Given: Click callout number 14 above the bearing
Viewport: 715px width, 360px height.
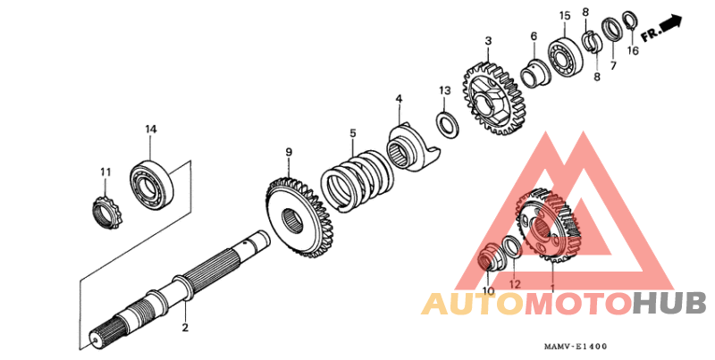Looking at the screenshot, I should [x=151, y=130].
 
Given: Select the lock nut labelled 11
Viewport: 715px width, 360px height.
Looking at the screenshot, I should [x=106, y=211].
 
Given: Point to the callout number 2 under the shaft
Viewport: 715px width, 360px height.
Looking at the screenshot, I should [x=185, y=328].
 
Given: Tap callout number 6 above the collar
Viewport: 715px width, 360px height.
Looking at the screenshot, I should [x=534, y=37].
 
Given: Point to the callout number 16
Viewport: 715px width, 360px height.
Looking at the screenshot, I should [x=632, y=51].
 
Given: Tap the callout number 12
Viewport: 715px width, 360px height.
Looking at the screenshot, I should [x=514, y=284].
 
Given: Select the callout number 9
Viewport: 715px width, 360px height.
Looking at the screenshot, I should [x=289, y=153].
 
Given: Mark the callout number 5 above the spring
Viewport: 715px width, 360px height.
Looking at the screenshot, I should [x=352, y=133].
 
